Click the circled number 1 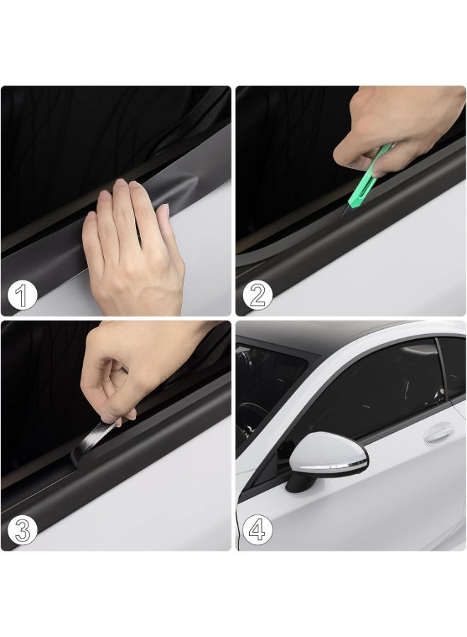(x=23, y=294)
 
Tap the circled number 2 (x=258, y=294)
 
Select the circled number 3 (x=23, y=529)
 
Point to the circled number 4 (x=258, y=529)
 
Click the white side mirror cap (x=327, y=450)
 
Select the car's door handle (x=439, y=434)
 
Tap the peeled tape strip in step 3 (x=93, y=440)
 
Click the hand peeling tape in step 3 (x=134, y=366)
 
